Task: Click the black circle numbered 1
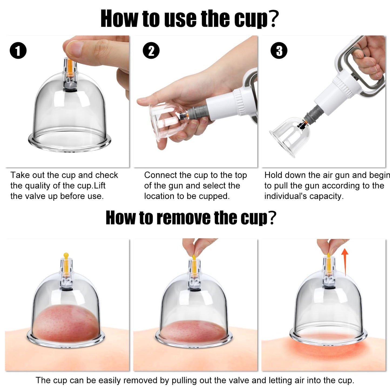[x=18, y=50]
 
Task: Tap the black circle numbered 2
[x=151, y=50]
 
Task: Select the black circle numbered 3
[x=279, y=50]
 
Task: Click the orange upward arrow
[x=345, y=262]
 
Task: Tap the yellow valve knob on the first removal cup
[x=66, y=255]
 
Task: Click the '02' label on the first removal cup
[x=66, y=281]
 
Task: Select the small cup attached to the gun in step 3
[x=289, y=135]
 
